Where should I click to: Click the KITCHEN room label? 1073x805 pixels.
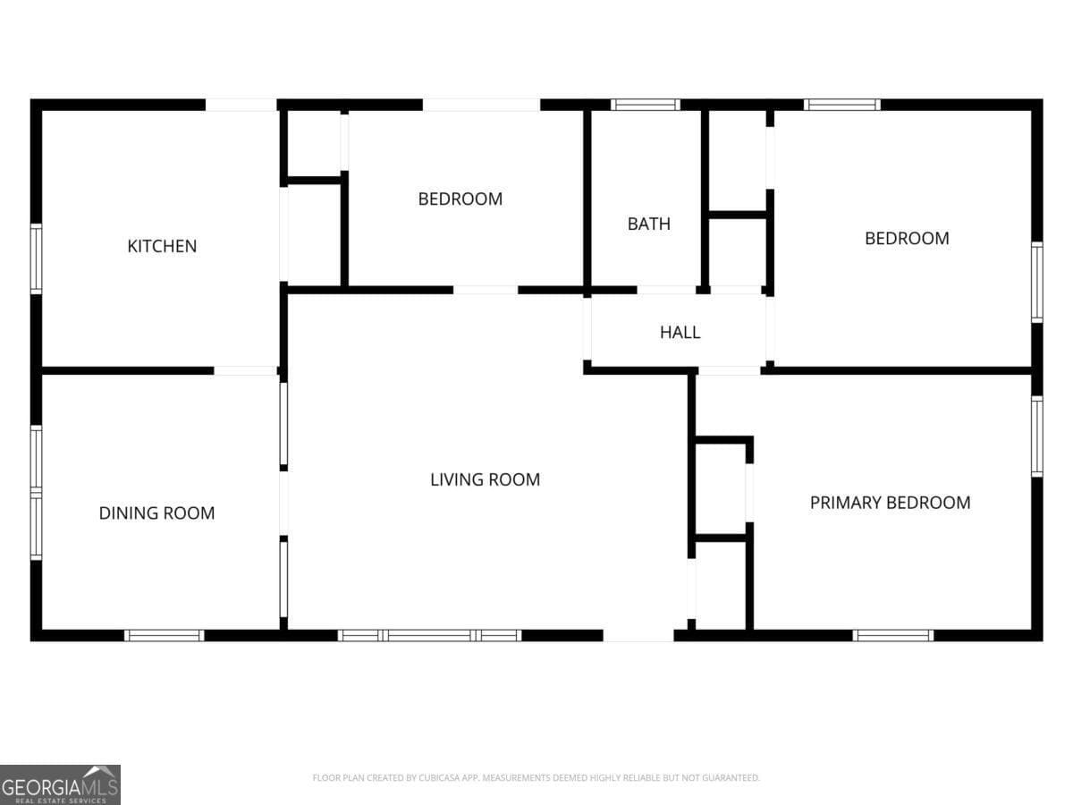coord(162,246)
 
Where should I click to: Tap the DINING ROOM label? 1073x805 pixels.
coord(156,513)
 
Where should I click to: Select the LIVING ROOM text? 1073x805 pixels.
coord(485,479)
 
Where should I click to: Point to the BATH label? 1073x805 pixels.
coord(648,224)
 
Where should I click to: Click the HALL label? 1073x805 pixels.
coord(680,333)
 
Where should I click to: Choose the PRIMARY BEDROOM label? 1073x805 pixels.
coord(890,503)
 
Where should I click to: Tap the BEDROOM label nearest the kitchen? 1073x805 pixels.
coord(460,199)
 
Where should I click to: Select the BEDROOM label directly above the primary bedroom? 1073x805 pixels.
coord(906,238)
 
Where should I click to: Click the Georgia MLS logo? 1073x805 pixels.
coord(60,784)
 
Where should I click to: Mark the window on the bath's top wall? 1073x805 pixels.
coord(645,105)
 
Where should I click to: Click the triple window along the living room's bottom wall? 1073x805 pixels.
coord(429,635)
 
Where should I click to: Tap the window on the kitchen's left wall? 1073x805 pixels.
coord(36,258)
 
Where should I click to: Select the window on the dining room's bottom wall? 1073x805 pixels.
coord(164,635)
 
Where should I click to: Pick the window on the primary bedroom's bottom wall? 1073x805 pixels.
coord(892,635)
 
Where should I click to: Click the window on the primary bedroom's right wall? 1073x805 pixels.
coord(1036,436)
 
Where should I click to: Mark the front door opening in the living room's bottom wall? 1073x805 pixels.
coord(638,635)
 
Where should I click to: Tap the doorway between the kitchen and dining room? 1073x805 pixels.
coord(245,370)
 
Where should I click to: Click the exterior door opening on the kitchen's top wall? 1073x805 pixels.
coord(241,105)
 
